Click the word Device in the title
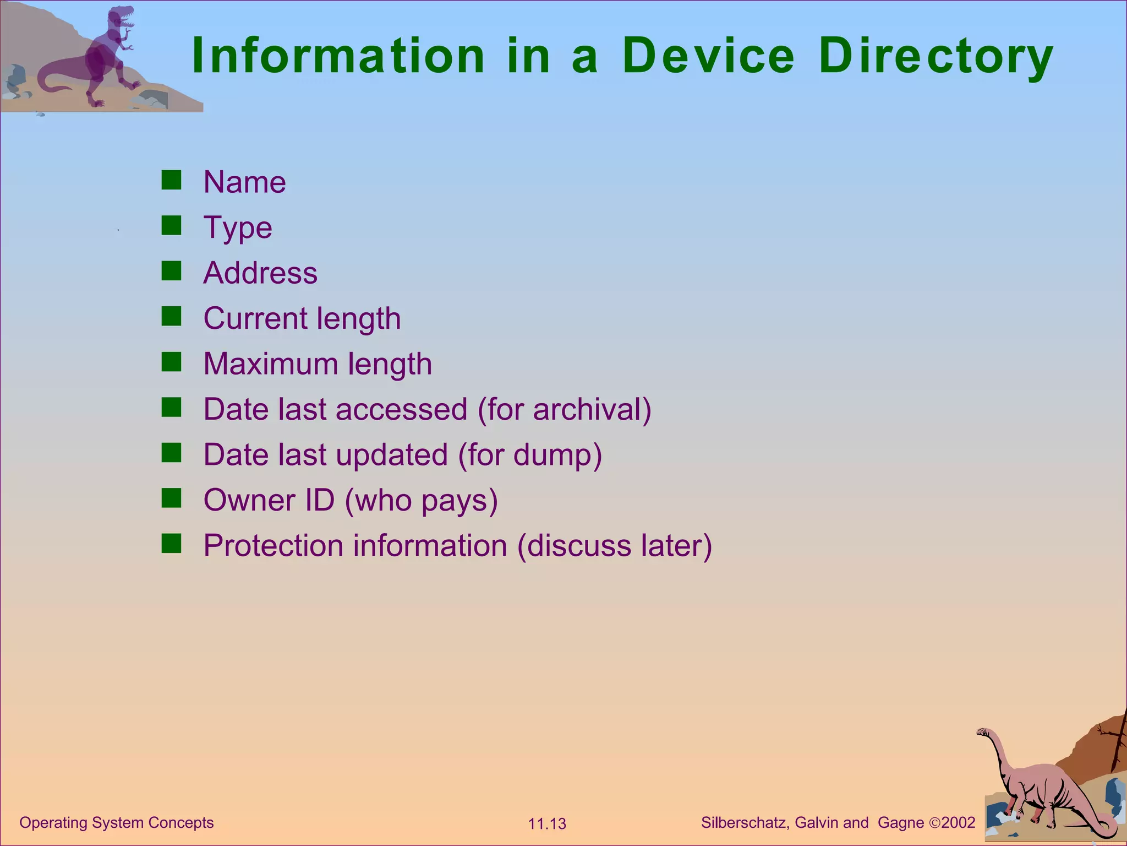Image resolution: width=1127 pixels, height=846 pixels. pos(709,56)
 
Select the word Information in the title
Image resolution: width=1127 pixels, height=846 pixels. pos(338,56)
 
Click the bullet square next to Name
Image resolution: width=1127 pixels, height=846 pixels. pos(171,180)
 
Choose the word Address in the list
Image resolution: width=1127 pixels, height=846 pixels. pos(260,273)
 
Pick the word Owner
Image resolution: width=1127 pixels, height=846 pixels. pos(242,500)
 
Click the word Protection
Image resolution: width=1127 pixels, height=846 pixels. pos(273,546)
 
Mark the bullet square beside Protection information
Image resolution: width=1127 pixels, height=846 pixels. pos(171,544)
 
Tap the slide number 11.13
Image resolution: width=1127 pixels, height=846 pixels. pos(547,824)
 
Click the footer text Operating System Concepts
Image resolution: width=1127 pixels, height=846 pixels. pos(117,822)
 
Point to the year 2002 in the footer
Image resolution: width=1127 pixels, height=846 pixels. pos(958,822)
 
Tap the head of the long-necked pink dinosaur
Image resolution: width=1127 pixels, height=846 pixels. pos(983,733)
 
